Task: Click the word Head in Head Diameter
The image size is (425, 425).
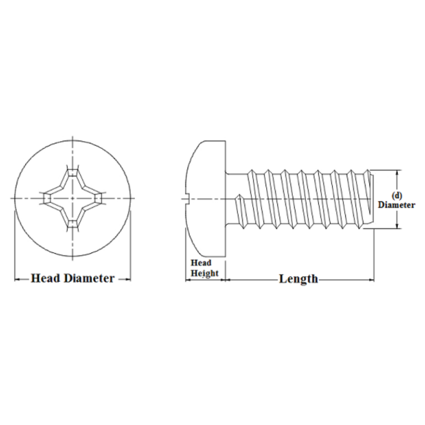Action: pos(45,278)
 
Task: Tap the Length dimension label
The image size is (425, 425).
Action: pos(298,279)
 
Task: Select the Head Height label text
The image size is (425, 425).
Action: pos(204,268)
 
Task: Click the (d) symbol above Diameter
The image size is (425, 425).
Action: pos(396,195)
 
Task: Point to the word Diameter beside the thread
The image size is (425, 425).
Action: pos(396,205)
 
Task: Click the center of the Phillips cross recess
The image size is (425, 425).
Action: pos(72,198)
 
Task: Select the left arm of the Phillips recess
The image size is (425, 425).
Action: pos(48,198)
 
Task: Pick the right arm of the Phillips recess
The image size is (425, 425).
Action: pos(97,198)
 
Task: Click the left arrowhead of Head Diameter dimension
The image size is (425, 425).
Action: pos(16,279)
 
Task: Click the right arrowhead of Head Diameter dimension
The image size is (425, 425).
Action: pos(129,279)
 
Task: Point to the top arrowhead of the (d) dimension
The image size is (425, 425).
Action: pos(397,173)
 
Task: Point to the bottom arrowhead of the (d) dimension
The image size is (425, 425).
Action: pos(397,226)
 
